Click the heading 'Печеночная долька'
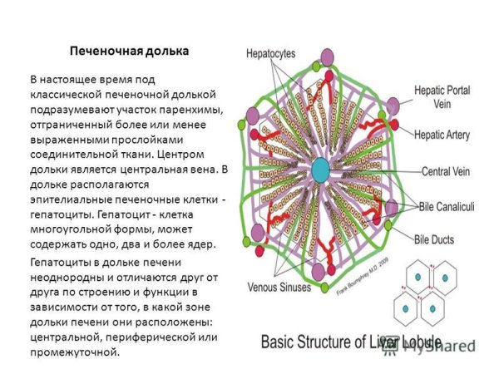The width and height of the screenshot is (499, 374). click(128, 51)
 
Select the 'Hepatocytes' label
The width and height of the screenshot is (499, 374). click(270, 53)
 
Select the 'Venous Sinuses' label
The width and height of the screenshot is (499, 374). click(276, 288)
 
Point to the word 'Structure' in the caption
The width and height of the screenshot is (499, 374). click(342, 341)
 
